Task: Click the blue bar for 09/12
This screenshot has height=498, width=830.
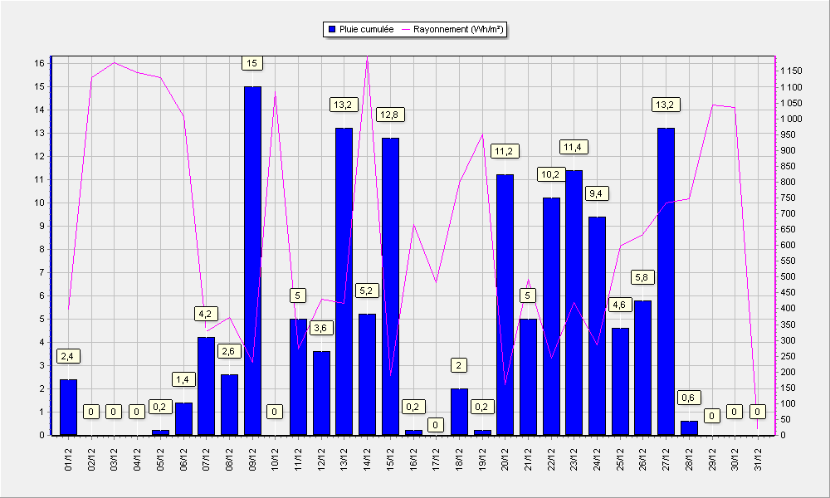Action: [x=252, y=261]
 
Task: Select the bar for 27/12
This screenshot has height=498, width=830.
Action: [x=666, y=281]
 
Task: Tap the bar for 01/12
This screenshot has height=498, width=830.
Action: [x=68, y=407]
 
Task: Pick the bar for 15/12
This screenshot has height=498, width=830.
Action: [x=390, y=286]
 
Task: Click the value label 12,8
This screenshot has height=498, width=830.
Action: [x=391, y=115]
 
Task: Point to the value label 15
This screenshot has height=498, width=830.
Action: [x=252, y=64]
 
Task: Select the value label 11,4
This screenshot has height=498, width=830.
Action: [x=574, y=147]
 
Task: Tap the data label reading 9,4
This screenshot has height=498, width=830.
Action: [x=595, y=193]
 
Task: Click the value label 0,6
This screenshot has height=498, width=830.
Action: [x=688, y=398]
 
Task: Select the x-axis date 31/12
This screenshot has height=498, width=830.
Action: [x=758, y=459]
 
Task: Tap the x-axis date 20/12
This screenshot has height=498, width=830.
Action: [x=505, y=459]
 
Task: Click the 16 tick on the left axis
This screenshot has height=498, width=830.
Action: [x=40, y=63]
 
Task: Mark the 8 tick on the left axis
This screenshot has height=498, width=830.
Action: [x=42, y=249]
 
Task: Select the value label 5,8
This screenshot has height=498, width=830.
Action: [x=642, y=277]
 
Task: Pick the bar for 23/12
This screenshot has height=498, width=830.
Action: [x=574, y=303]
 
